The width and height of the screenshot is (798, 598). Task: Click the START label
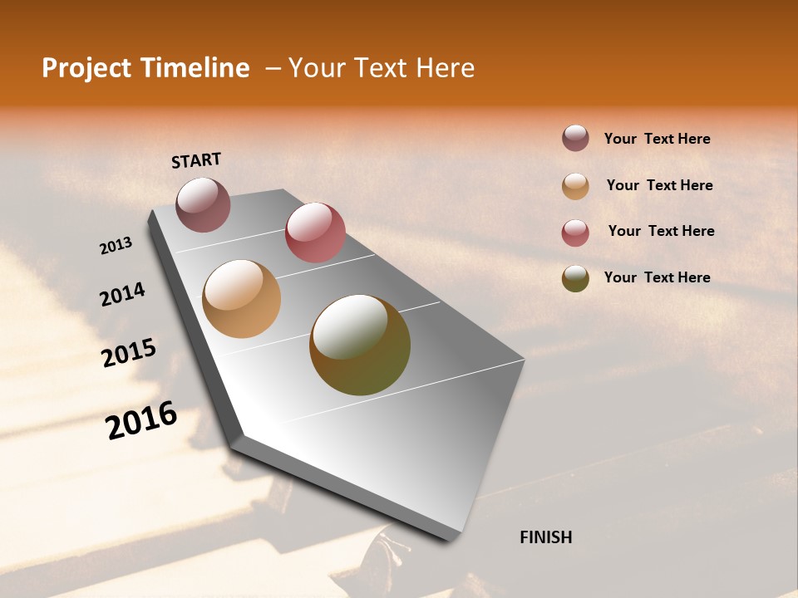(196, 160)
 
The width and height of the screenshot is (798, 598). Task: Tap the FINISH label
(545, 537)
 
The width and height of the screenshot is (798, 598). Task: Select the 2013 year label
(116, 246)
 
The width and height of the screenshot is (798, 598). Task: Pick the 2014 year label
(122, 294)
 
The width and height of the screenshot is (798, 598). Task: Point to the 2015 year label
(129, 352)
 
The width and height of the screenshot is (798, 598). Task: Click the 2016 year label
(141, 420)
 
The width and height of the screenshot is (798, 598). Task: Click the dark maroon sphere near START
(203, 204)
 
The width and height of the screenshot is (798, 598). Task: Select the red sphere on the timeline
(315, 233)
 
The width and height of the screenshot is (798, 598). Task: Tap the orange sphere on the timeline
(241, 299)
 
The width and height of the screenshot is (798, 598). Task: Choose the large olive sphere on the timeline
(360, 345)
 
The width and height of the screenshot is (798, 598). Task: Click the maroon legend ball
(575, 139)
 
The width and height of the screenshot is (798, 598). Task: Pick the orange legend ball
(575, 186)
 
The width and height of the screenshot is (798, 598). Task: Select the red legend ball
(575, 233)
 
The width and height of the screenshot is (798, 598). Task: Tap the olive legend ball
(575, 278)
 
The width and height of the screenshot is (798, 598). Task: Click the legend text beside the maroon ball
(657, 139)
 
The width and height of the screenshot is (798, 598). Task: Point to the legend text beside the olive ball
(657, 277)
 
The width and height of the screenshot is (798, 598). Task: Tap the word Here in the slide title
(446, 68)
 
